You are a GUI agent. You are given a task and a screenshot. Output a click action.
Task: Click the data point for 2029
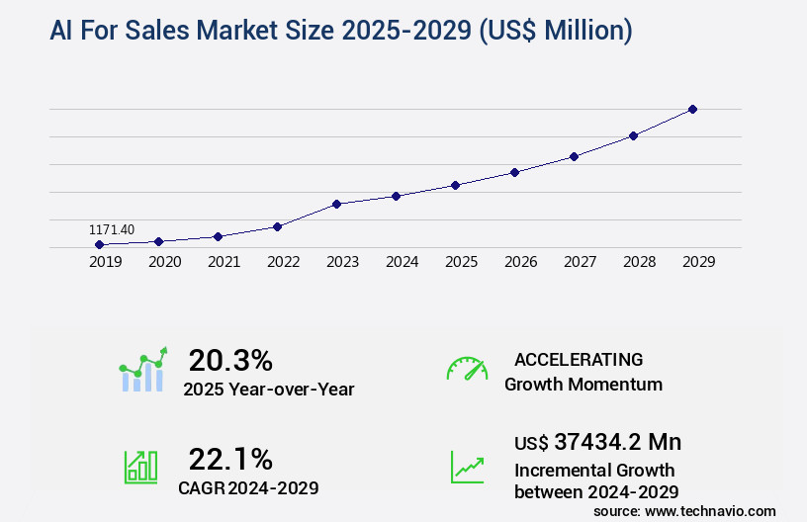pyautogui.click(x=692, y=109)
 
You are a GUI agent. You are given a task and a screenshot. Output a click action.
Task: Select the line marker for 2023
pyautogui.click(x=336, y=204)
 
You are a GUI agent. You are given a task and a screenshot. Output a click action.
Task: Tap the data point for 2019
pyautogui.click(x=99, y=244)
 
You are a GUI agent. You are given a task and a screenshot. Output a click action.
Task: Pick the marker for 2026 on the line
pyautogui.click(x=514, y=172)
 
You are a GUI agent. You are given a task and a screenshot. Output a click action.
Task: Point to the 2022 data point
pyautogui.click(x=277, y=226)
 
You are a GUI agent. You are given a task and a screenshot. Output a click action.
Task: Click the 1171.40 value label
pyautogui.click(x=112, y=229)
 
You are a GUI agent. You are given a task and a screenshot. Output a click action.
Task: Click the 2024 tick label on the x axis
pyautogui.click(x=402, y=262)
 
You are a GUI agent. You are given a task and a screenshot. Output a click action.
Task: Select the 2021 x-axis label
pyautogui.click(x=224, y=262)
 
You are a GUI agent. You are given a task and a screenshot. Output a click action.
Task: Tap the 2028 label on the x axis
pyautogui.click(x=639, y=262)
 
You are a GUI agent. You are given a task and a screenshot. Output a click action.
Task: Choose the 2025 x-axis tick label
pyautogui.click(x=461, y=262)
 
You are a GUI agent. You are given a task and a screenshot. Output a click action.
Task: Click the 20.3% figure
pyautogui.click(x=230, y=360)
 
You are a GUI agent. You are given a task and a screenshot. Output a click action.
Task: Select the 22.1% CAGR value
pyautogui.click(x=230, y=459)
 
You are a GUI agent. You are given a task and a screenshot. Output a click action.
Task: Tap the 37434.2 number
pyautogui.click(x=602, y=442)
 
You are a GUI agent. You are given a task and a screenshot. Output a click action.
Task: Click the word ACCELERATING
pyautogui.click(x=579, y=359)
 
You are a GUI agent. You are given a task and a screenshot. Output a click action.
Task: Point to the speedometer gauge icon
pyautogui.click(x=467, y=369)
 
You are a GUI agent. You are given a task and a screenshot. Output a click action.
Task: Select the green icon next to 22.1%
pyautogui.click(x=140, y=467)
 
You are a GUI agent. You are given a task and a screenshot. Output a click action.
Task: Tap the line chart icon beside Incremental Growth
pyautogui.click(x=467, y=467)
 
